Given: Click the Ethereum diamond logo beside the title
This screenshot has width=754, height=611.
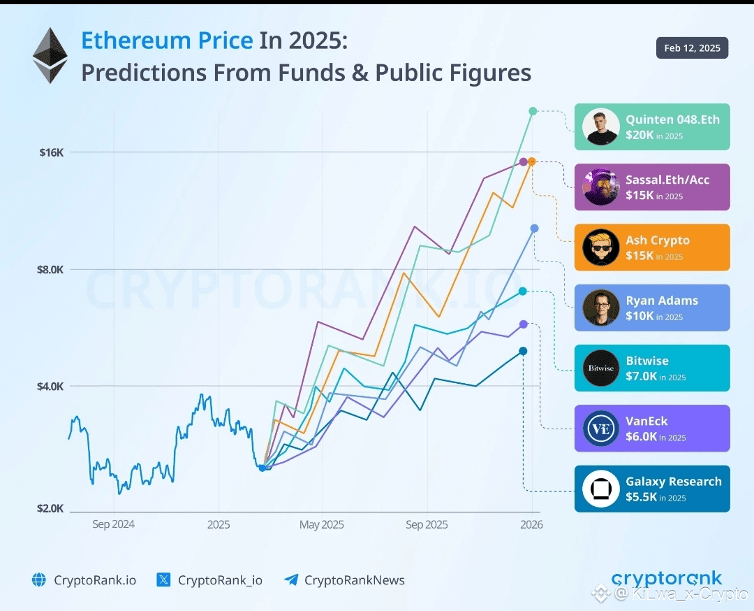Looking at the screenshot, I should tap(50, 55).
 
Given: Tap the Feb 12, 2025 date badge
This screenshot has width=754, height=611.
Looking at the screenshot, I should tap(692, 48).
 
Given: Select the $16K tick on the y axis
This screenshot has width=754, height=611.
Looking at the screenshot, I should tap(51, 152).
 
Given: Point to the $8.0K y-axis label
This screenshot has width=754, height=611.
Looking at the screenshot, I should tap(50, 269).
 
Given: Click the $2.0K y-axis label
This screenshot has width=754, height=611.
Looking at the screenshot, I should tap(50, 508).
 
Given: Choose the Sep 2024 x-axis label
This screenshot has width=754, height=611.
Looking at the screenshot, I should tap(113, 524).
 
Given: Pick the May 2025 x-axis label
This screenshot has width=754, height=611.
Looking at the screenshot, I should tap(321, 524).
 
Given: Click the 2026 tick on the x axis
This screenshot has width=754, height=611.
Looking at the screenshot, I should tap(531, 524).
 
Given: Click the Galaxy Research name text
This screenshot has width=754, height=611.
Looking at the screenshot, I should tap(673, 482).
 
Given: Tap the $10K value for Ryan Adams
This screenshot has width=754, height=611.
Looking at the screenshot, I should tap(640, 316).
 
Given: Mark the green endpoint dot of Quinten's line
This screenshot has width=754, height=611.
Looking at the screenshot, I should tap(533, 111).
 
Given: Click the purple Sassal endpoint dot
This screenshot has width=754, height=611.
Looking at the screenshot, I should tap(523, 161).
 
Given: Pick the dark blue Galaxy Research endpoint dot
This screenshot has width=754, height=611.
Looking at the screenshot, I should tap(523, 351).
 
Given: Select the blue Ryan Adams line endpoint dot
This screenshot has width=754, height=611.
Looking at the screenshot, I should tap(534, 229).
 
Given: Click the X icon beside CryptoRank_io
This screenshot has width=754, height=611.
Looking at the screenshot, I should tap(163, 580).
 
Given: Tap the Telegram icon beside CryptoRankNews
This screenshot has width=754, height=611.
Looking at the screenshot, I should tap(291, 580).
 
